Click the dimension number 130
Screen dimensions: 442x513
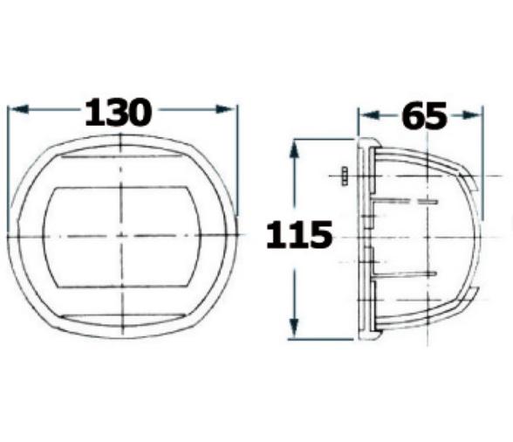click(118, 113)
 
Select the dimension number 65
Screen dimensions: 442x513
click(424, 116)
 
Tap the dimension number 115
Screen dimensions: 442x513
click(298, 235)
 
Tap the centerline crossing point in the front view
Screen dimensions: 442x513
click(122, 237)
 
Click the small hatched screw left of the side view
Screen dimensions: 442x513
click(345, 176)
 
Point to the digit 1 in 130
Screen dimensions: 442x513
click(91, 113)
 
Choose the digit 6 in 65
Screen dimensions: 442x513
click(412, 116)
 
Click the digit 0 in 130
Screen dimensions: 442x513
click(140, 113)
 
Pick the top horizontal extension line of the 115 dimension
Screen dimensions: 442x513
click(323, 139)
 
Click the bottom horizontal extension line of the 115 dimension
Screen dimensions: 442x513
click(323, 338)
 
